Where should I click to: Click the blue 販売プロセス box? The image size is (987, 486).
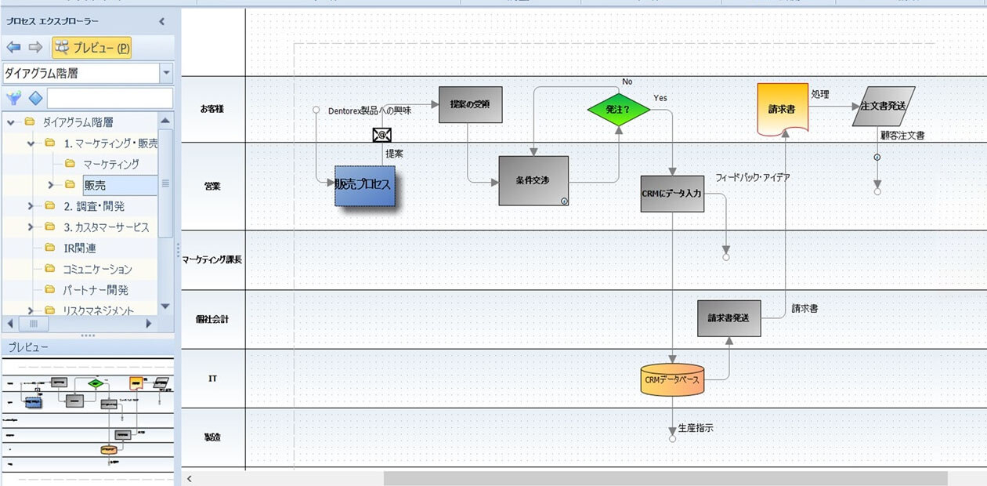(x=364, y=186)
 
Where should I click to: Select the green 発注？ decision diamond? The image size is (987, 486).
(x=619, y=110)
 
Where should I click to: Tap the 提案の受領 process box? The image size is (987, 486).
(x=470, y=104)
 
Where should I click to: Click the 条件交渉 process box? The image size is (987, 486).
(x=533, y=180)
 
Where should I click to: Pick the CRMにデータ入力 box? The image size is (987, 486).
(x=672, y=194)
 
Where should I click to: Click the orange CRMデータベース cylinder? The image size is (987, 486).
(x=672, y=380)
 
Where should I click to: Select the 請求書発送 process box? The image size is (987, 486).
(x=728, y=317)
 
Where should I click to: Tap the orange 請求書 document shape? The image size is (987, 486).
(x=783, y=109)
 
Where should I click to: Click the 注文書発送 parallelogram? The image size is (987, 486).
(x=883, y=106)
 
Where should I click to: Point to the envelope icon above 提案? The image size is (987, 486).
(x=381, y=135)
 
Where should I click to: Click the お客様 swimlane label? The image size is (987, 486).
(x=212, y=109)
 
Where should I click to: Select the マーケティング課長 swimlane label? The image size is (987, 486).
(x=212, y=259)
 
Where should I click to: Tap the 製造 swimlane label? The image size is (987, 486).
(x=212, y=437)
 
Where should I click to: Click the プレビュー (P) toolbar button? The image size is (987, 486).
(x=92, y=48)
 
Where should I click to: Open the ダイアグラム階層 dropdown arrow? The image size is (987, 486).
(x=166, y=74)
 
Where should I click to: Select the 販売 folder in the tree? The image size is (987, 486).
(x=96, y=185)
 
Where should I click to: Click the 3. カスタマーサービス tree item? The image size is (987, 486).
(x=107, y=227)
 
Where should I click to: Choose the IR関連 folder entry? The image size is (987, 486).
(x=80, y=248)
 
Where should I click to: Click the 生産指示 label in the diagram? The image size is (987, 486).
(x=696, y=428)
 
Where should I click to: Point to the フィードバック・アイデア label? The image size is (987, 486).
(x=752, y=178)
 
